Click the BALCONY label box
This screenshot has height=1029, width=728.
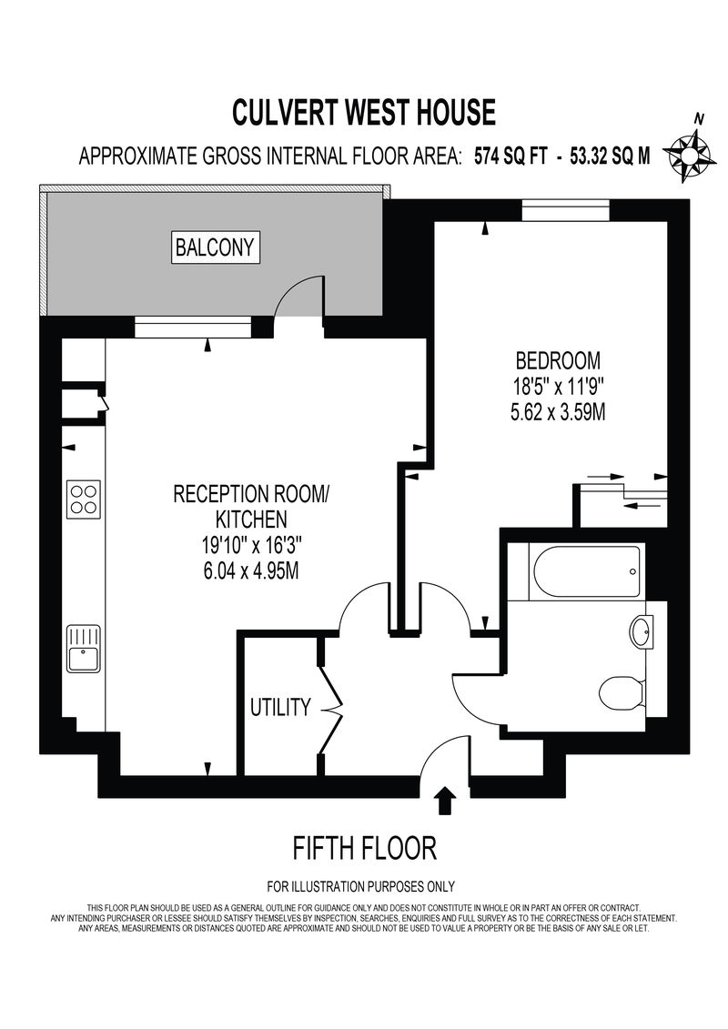(x=215, y=247)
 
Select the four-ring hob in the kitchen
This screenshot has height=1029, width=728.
(x=84, y=499)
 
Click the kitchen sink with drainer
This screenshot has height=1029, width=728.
(x=84, y=649)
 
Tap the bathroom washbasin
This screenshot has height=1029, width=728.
(x=641, y=632)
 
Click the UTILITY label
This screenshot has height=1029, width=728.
(x=280, y=708)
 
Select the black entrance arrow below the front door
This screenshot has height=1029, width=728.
(x=445, y=800)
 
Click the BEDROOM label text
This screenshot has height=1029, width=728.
(x=558, y=360)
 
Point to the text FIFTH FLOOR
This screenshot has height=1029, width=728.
(x=364, y=848)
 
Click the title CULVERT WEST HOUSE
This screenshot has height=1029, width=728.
(x=364, y=112)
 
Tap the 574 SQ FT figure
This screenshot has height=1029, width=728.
(x=511, y=156)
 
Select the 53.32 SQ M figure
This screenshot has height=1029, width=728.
(x=611, y=156)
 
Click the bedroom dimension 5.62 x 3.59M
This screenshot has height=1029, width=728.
(x=558, y=413)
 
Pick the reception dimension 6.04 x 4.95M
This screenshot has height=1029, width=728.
(x=251, y=571)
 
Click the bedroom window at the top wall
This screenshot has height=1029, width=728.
(x=565, y=211)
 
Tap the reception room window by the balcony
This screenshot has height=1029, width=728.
(x=193, y=327)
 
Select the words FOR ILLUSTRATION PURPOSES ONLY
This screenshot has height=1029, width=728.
(x=360, y=886)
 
